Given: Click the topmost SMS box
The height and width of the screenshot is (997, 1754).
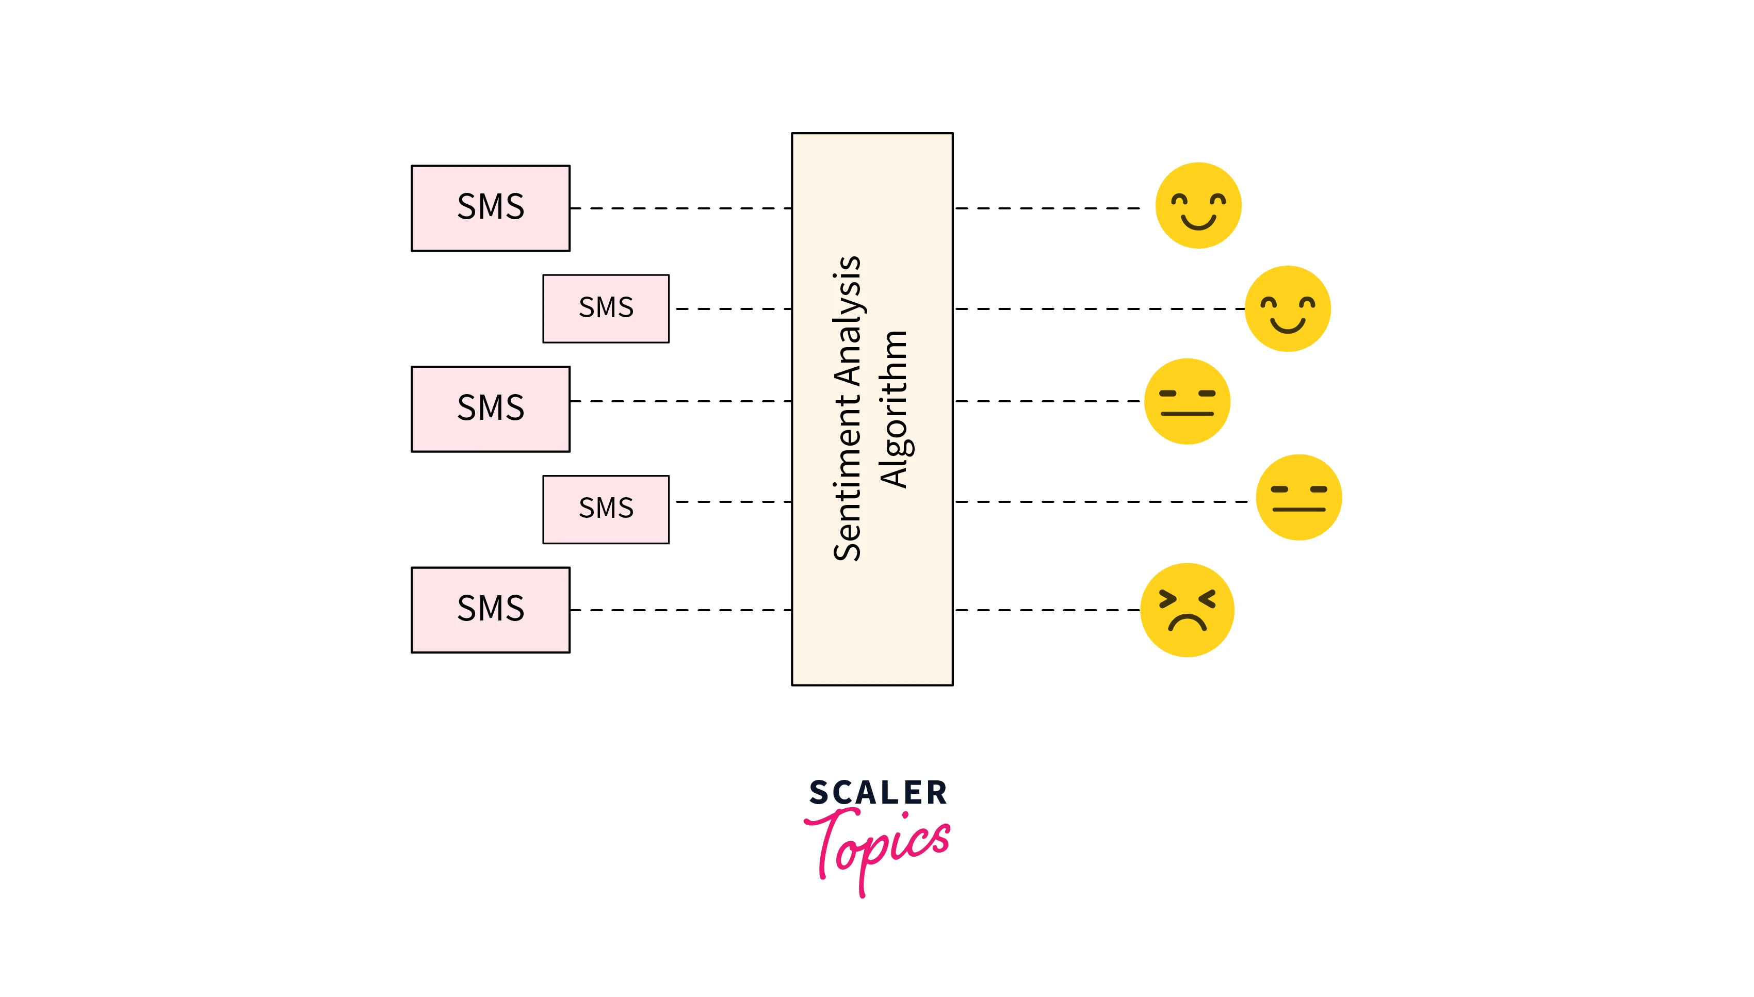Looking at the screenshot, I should coord(491,208).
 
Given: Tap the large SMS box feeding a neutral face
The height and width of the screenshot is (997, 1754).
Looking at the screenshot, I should coord(491,409).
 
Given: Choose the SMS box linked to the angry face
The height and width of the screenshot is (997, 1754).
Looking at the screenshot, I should coord(491,610).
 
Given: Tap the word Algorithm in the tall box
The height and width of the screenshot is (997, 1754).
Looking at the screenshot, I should coord(894,409).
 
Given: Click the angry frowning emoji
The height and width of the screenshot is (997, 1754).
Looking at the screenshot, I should coord(1187,610).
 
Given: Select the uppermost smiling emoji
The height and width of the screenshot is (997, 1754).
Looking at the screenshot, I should coord(1198,205).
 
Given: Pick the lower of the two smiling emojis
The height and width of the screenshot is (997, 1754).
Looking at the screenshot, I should coord(1287,309).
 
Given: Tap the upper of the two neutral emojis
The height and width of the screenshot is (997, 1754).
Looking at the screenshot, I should coord(1187,401).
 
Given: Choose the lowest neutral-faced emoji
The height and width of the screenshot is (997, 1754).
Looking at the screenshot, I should coord(1298,497).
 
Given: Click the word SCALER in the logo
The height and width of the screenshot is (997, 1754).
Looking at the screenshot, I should coord(878,793).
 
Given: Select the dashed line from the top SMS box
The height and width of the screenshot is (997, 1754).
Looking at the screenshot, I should coord(680,208).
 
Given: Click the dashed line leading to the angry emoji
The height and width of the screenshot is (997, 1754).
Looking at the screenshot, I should coord(1047,610).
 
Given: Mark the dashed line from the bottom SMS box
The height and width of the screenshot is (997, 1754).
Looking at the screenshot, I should coord(680,610).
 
